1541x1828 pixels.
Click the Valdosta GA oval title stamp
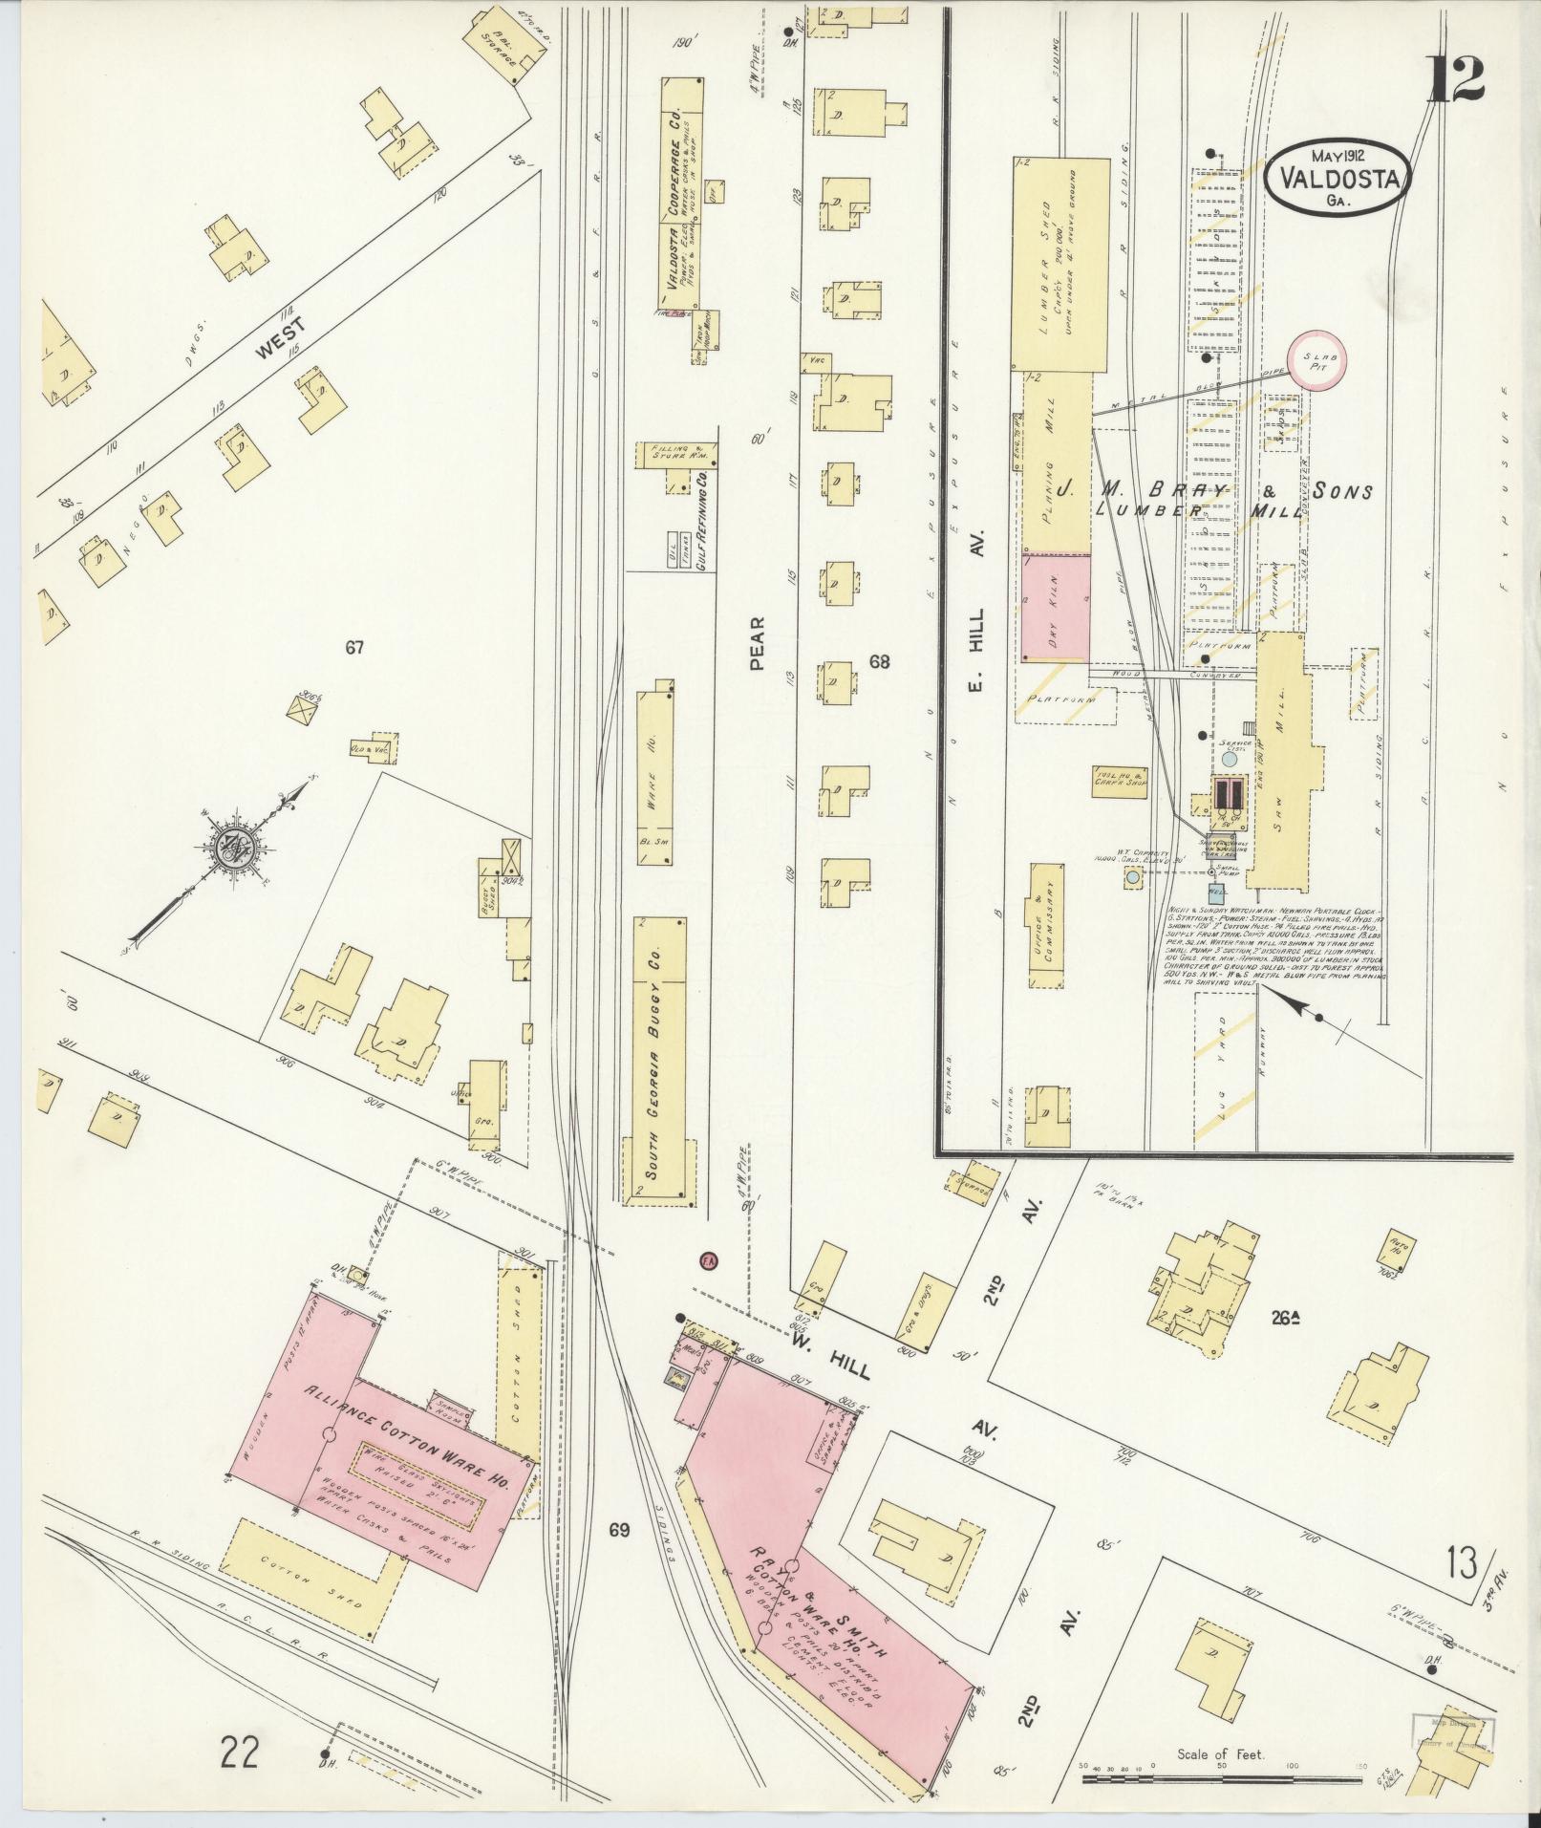[1338, 179]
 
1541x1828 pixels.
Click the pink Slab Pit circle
[1317, 361]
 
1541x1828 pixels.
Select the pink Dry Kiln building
[1056, 607]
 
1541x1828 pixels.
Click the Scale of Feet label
[1220, 1754]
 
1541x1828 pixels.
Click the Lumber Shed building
[1059, 265]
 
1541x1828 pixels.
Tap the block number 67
[354, 649]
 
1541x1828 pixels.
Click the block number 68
[879, 660]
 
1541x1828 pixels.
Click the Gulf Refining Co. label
[702, 522]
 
